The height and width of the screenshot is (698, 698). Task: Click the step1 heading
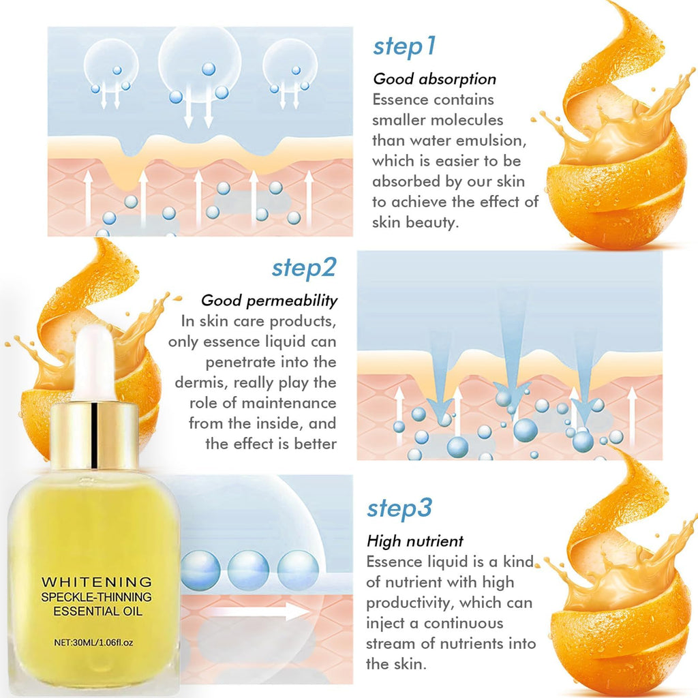[x=404, y=47]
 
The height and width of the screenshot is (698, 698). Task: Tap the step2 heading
[x=304, y=268]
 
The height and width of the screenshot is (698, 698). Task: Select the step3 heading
[x=399, y=509]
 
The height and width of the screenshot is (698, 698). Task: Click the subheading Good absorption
[x=434, y=79]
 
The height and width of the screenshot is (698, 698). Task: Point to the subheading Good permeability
[x=269, y=301]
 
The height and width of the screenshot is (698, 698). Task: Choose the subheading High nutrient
[x=415, y=541]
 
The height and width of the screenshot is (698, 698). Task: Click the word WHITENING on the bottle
[x=97, y=582]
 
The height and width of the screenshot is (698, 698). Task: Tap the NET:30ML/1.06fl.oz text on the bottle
[x=93, y=642]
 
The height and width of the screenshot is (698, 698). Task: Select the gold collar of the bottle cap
[x=94, y=436]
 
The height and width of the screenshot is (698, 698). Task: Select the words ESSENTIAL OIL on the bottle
[x=98, y=611]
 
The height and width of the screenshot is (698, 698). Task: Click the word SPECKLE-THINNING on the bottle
[x=97, y=597]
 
